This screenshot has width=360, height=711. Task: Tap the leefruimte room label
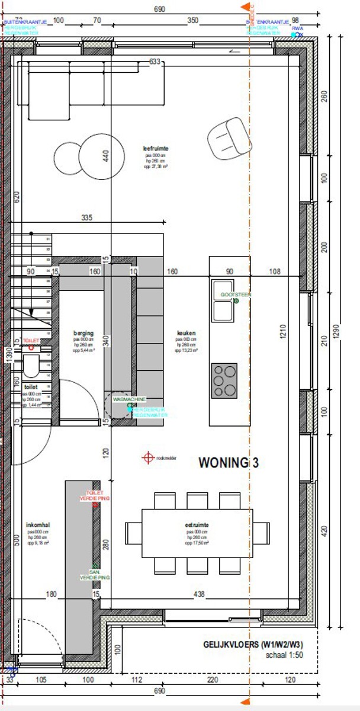[x=156, y=148]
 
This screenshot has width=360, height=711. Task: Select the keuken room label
[x=185, y=334]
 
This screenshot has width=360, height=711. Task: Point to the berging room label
[x=83, y=334]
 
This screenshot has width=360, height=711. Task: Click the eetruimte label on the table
[x=197, y=525]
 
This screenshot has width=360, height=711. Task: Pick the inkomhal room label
[x=37, y=525]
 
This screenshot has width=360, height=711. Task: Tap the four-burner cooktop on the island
[x=225, y=380]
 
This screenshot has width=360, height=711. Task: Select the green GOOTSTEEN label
[x=236, y=294]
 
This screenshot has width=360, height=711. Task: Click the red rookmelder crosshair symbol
[x=148, y=457]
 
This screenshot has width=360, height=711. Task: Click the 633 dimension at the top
[x=155, y=61]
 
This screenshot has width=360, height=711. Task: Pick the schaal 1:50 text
[x=284, y=656]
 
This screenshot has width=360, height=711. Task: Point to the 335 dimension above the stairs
[x=86, y=219]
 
